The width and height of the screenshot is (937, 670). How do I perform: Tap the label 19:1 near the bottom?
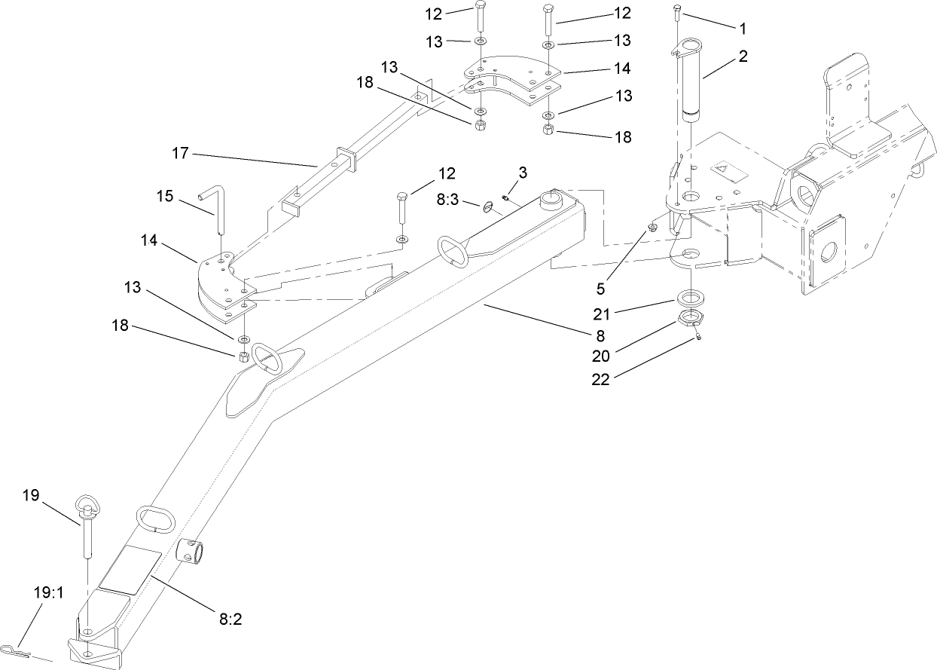(x=49, y=593)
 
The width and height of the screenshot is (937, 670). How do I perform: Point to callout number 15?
(x=166, y=196)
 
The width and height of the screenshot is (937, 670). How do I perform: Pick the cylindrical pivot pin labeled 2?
(x=691, y=83)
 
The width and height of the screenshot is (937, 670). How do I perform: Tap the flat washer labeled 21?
(x=691, y=295)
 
